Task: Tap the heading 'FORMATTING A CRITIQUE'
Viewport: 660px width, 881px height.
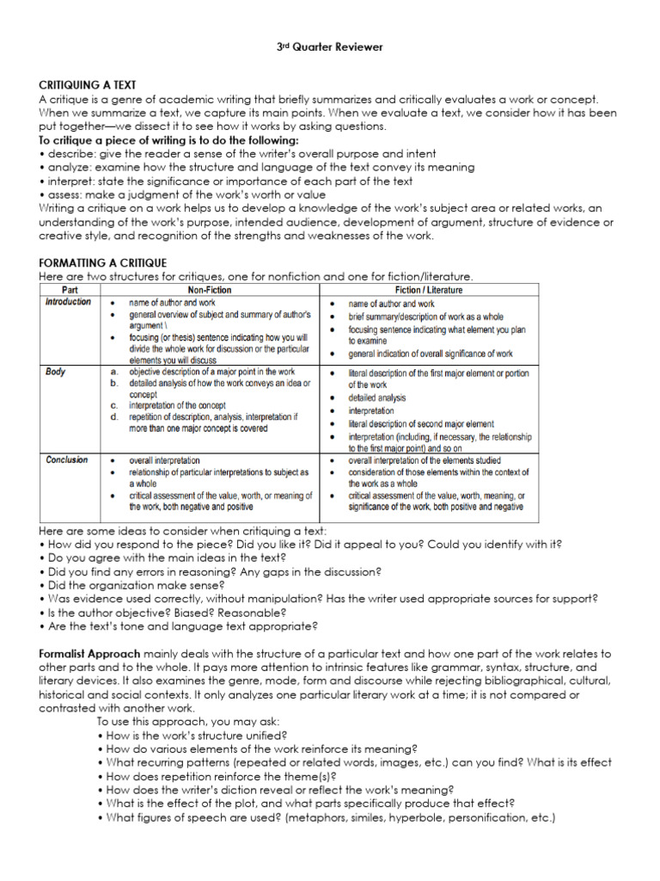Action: coord(103,262)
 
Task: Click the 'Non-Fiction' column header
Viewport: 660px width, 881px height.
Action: coord(211,291)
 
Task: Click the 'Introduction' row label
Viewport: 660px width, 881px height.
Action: coord(68,303)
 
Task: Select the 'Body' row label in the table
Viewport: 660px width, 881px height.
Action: coord(55,372)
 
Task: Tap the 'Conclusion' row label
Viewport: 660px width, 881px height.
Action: coord(66,460)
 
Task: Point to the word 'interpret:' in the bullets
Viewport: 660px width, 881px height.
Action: coord(71,182)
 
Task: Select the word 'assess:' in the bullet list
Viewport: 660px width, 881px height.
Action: coord(66,195)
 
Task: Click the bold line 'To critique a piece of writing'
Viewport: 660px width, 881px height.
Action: coord(168,139)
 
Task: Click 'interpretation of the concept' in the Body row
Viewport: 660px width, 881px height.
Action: coord(191,405)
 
